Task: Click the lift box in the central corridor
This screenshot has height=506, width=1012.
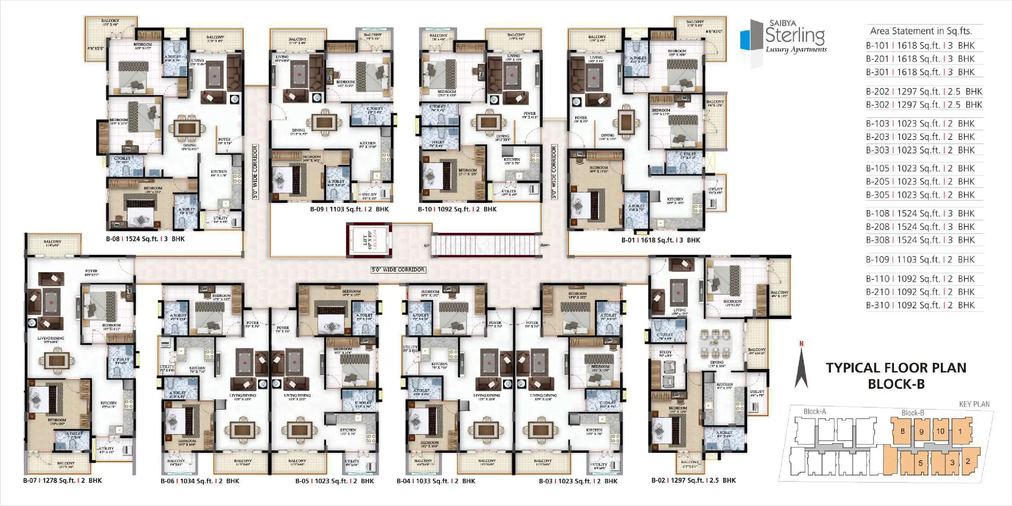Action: tap(369, 240)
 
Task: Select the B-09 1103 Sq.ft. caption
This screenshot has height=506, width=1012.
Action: tap(349, 209)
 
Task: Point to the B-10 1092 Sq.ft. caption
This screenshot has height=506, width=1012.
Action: tap(457, 209)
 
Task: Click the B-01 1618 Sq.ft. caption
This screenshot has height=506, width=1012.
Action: tap(660, 240)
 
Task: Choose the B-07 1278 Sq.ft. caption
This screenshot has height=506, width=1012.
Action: tap(62, 480)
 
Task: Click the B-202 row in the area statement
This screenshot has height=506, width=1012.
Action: tap(924, 92)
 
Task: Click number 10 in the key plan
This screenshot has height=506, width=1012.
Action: tap(940, 431)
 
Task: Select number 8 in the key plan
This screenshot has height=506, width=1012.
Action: tap(902, 431)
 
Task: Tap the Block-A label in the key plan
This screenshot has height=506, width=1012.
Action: tap(814, 412)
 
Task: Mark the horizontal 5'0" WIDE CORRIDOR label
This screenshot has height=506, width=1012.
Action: tap(398, 270)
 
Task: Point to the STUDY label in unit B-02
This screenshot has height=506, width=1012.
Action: tap(665, 352)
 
